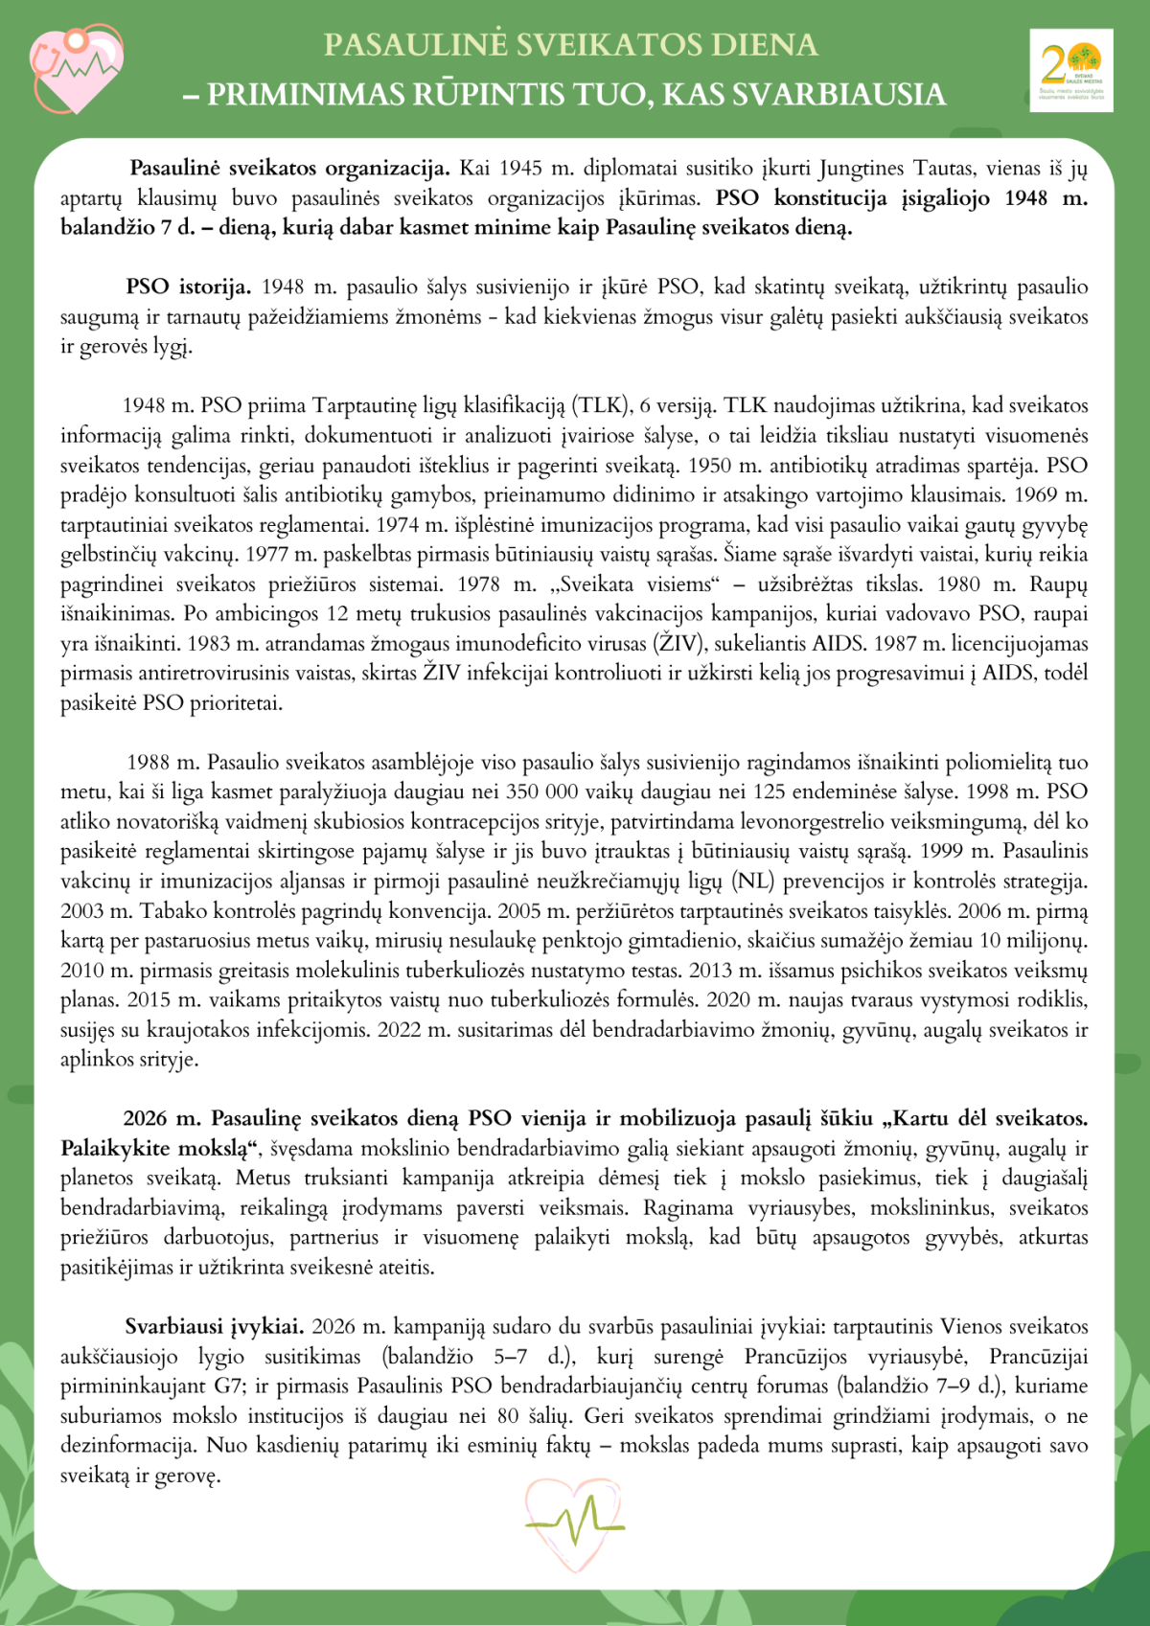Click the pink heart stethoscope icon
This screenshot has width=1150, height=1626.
click(x=76, y=69)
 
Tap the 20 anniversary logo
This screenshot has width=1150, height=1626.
click(x=1071, y=70)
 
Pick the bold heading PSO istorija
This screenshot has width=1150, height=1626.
click(x=188, y=286)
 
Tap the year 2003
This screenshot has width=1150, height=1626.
click(x=82, y=911)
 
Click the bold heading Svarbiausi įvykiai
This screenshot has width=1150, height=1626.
click(x=214, y=1327)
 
